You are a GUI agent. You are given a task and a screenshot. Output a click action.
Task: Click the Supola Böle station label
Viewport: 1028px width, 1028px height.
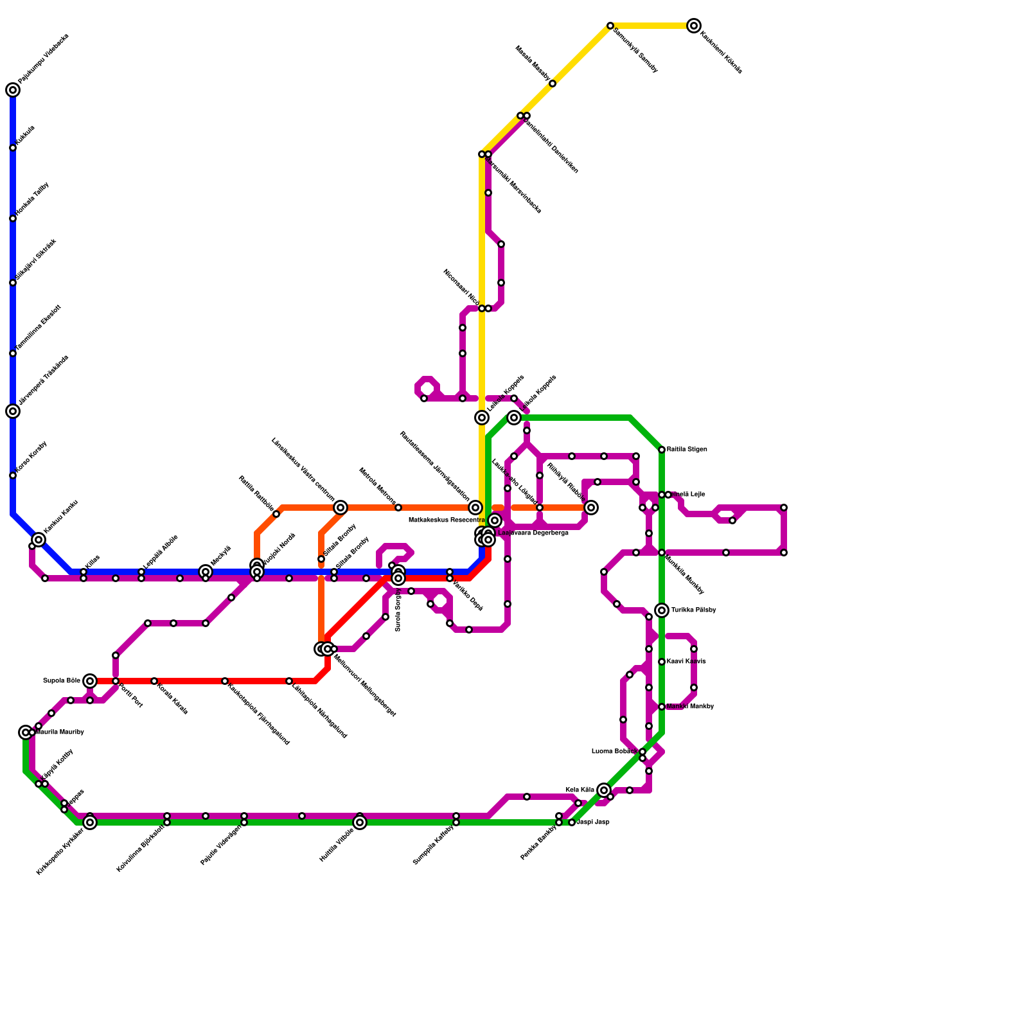pyautogui.click(x=62, y=680)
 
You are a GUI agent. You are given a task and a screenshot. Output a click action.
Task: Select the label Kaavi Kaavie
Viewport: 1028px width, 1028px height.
pyautogui.click(x=686, y=661)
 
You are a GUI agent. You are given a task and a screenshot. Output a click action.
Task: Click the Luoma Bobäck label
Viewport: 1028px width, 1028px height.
pyautogui.click(x=615, y=751)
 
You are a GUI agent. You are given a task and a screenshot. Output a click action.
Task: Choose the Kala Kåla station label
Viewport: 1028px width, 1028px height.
pyautogui.click(x=580, y=790)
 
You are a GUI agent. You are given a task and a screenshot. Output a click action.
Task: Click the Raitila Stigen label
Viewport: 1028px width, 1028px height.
pyautogui.click(x=687, y=449)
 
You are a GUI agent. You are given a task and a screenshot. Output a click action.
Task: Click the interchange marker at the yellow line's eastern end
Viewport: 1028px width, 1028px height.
pyautogui.click(x=694, y=26)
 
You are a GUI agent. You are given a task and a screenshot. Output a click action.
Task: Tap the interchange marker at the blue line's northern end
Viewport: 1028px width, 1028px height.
pyautogui.click(x=13, y=90)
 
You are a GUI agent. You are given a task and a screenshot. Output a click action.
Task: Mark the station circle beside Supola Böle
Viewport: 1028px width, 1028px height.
pyautogui.click(x=90, y=681)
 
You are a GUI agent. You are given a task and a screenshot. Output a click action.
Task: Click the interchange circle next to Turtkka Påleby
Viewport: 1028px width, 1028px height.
pyautogui.click(x=662, y=610)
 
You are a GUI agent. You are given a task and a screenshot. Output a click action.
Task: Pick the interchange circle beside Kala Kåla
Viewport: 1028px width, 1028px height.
pyautogui.click(x=604, y=790)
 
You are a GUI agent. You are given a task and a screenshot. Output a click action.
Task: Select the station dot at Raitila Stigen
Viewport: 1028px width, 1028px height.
pyautogui.click(x=662, y=450)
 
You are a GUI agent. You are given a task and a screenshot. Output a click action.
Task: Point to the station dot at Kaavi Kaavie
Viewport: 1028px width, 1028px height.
pyautogui.click(x=662, y=662)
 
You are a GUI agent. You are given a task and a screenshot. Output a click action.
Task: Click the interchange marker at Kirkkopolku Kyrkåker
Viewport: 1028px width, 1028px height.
pyautogui.click(x=90, y=822)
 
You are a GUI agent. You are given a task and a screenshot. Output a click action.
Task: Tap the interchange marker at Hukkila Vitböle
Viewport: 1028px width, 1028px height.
pyautogui.click(x=360, y=822)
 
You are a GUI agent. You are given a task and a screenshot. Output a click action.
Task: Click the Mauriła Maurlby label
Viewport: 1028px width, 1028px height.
pyautogui.click(x=60, y=732)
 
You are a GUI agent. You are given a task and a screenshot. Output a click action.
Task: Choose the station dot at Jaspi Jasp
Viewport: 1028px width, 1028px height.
pyautogui.click(x=572, y=822)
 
